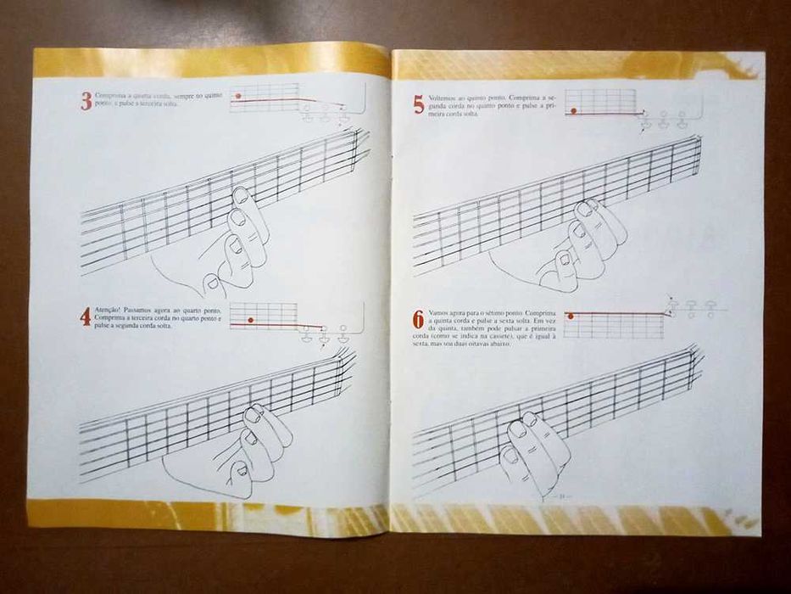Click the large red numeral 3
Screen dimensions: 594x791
pos(86,102)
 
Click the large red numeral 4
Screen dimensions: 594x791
pos(86,317)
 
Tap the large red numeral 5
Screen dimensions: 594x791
pos(419,104)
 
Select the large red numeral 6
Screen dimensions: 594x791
pos(418,319)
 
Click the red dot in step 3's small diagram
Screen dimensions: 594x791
pos(239,96)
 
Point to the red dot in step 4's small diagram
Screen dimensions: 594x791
pos(250,320)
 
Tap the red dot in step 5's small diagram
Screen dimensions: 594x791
pos(574,110)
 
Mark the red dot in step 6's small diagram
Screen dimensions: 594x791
pos(571,316)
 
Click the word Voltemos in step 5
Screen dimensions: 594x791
pos(443,98)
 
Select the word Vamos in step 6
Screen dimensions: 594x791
pos(438,313)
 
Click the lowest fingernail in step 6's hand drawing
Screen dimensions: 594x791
pos(510,456)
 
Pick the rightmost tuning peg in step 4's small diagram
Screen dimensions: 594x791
pos(343,331)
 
